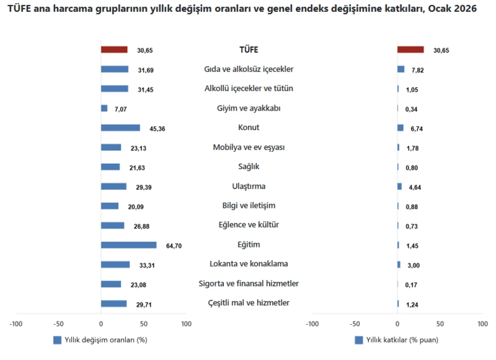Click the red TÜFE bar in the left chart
[x=114, y=50]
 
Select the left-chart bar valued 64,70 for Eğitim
[x=128, y=245]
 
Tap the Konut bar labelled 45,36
[x=120, y=128]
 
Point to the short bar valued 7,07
[x=104, y=109]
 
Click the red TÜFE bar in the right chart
[x=410, y=50]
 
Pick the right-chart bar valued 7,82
[x=401, y=69]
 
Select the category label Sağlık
[x=249, y=167]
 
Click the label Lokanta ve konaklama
[x=249, y=264]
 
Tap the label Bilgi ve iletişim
[x=249, y=206]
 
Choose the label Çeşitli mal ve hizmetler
[x=249, y=303]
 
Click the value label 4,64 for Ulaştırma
[x=415, y=187]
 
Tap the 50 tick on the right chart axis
[x=440, y=324]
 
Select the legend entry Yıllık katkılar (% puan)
[x=397, y=340]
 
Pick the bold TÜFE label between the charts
[x=249, y=50]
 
